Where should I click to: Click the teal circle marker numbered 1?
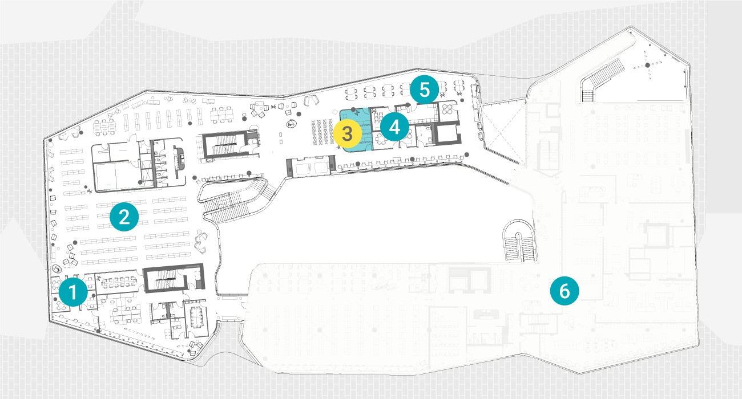pos(73,292)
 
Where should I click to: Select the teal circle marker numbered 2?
pos(124,217)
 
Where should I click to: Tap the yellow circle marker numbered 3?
pos(347,133)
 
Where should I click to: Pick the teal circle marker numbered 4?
pos(394,127)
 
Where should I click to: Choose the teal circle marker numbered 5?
pos(424,89)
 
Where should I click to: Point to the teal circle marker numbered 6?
pos(564,291)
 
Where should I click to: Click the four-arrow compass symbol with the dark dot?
pos(648,66)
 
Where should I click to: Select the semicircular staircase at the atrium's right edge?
pos(519,241)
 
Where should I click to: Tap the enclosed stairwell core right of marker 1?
pos(174,279)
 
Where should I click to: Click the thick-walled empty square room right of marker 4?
pos(446,132)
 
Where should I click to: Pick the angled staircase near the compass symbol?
pos(601,79)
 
